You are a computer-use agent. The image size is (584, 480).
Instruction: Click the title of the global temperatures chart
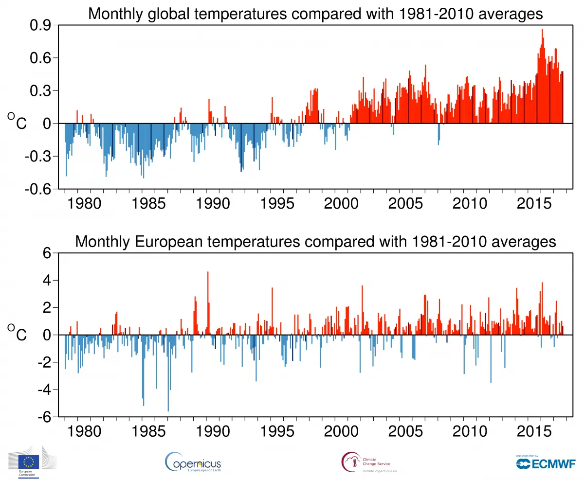(315, 14)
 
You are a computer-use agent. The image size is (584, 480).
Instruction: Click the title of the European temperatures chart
(315, 241)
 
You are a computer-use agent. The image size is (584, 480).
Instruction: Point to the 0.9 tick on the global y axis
(44, 25)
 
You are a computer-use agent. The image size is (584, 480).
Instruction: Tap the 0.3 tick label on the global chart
(44, 91)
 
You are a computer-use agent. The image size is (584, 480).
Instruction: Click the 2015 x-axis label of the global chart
(530, 203)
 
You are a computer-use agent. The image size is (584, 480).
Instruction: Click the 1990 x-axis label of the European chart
(212, 431)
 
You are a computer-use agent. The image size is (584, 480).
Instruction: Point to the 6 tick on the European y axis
(48, 253)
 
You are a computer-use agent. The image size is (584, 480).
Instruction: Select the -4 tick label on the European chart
(45, 390)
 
